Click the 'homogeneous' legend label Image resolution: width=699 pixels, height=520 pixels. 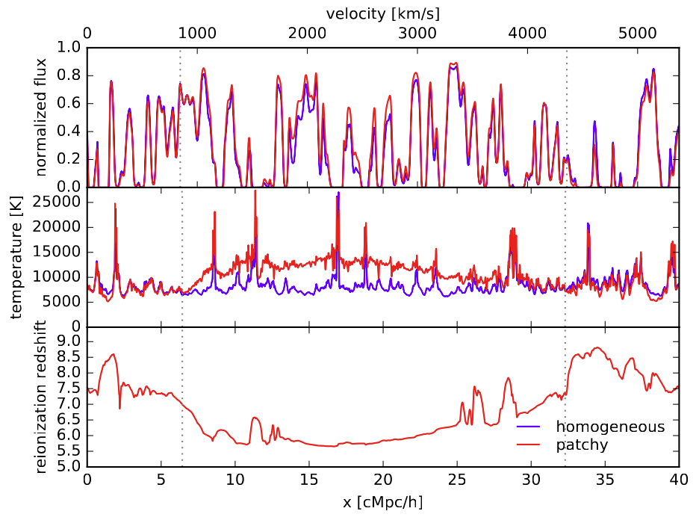[x=609, y=427]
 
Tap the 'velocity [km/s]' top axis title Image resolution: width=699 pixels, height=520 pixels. [x=382, y=14]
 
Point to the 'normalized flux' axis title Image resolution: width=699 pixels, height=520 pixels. [x=41, y=117]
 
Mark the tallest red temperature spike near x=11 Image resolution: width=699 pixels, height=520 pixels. [x=255, y=191]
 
